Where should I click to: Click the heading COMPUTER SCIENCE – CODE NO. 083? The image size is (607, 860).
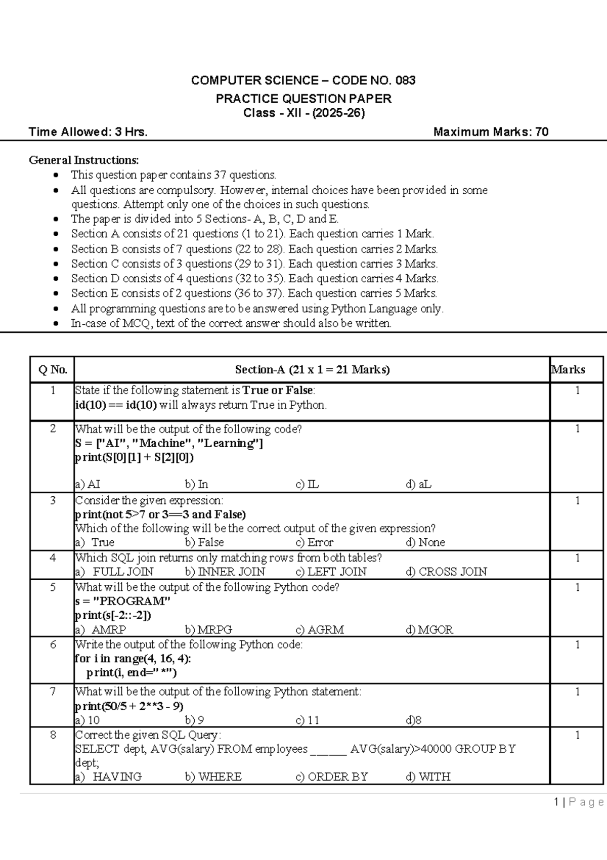click(303, 80)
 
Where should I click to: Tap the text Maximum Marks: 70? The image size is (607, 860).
click(491, 132)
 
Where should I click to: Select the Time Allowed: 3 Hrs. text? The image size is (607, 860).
click(88, 132)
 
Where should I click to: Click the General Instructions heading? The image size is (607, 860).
click(83, 160)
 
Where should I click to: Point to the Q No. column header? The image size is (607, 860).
click(53, 370)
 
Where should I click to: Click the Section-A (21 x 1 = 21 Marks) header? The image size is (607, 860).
click(312, 370)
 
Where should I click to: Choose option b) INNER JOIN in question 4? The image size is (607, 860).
click(225, 572)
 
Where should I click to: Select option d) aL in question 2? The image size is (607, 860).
click(418, 484)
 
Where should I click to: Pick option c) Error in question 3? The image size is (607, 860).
click(314, 542)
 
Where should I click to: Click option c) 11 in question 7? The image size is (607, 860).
click(307, 720)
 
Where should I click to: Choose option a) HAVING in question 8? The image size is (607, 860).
click(108, 777)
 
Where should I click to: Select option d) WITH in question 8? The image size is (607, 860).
click(428, 777)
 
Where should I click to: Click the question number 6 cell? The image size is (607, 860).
click(53, 645)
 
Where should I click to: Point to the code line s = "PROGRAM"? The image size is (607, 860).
click(122, 601)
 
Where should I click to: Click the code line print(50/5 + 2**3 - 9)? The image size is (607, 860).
click(129, 706)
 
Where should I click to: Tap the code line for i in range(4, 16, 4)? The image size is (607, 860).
click(133, 659)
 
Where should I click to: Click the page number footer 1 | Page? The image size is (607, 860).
click(579, 802)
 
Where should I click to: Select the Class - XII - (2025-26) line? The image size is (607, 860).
click(303, 113)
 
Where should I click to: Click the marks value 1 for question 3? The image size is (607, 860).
click(577, 501)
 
